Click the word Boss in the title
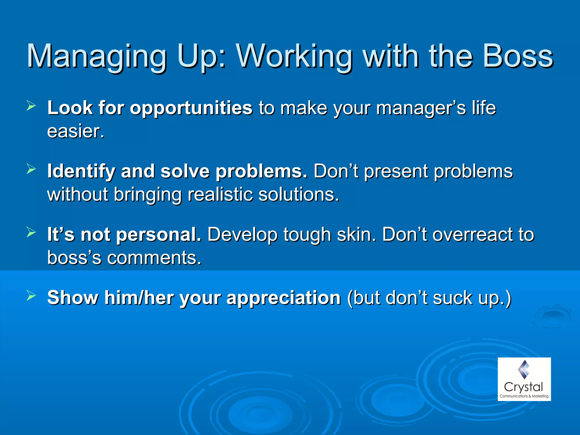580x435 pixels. point(518,56)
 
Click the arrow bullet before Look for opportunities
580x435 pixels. point(31,106)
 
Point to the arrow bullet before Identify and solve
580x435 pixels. point(31,169)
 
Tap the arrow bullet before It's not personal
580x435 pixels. point(31,233)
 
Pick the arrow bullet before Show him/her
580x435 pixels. point(31,296)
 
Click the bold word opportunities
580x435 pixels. point(191,108)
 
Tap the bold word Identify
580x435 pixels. point(81,172)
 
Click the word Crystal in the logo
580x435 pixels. point(523,387)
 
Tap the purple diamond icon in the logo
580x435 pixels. point(524,369)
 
